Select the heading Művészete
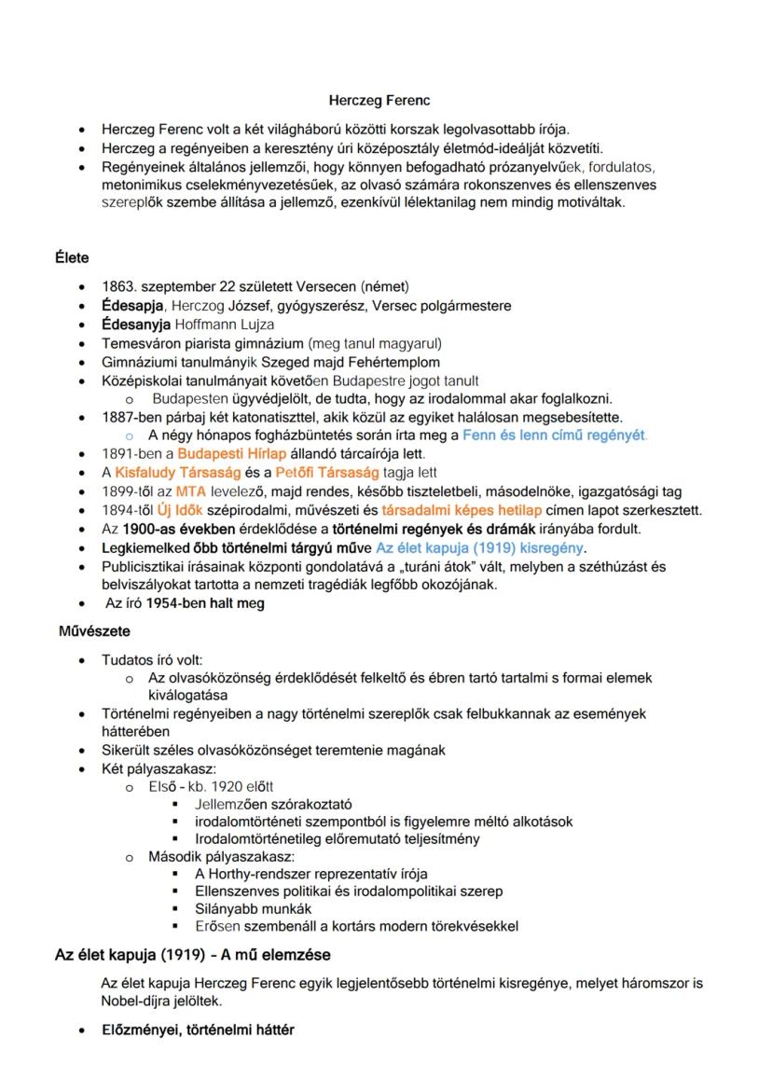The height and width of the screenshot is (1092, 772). [x=94, y=631]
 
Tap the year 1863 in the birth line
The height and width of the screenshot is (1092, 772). [x=118, y=286]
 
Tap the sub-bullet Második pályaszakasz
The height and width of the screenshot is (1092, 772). [x=221, y=855]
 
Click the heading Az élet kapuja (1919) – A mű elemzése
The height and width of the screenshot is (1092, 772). [x=192, y=955]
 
